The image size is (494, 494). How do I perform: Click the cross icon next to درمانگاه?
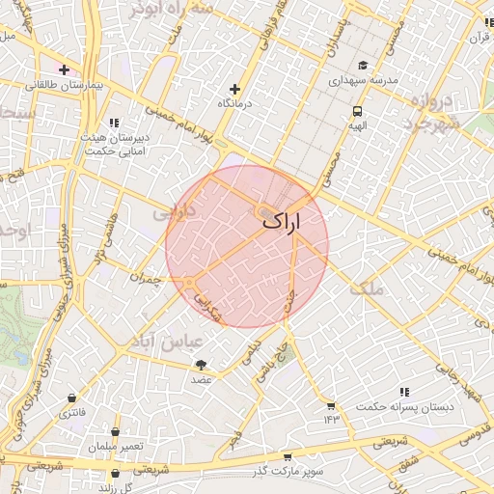(x=234, y=89)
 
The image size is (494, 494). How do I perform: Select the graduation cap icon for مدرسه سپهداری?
(x=362, y=67)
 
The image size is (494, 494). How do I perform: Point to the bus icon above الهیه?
(x=358, y=111)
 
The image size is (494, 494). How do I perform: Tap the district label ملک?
(x=368, y=288)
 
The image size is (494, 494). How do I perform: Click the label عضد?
(x=201, y=380)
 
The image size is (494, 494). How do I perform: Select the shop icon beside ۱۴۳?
(x=332, y=405)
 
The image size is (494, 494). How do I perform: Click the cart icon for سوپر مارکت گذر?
(x=288, y=456)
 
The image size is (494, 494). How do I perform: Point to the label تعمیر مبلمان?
(x=116, y=447)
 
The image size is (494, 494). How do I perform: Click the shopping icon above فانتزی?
(x=71, y=398)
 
